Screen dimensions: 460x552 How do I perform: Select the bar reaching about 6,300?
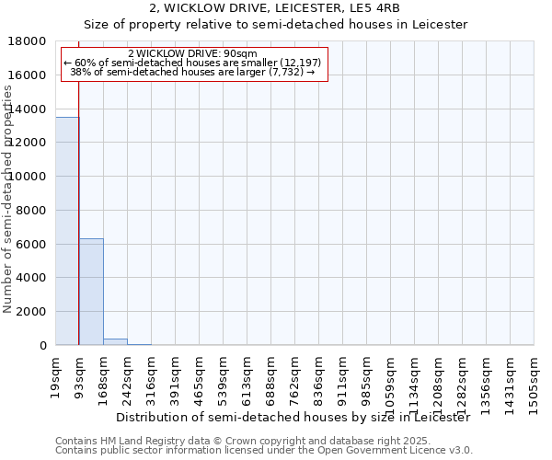(91, 292)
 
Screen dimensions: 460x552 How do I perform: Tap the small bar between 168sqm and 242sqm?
(115, 342)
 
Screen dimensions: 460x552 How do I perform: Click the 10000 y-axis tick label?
(30, 177)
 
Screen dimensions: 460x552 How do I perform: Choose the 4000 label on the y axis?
(34, 278)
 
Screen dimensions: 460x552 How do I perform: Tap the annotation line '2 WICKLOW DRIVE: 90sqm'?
(193, 53)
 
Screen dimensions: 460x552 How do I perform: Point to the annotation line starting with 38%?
(193, 72)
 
